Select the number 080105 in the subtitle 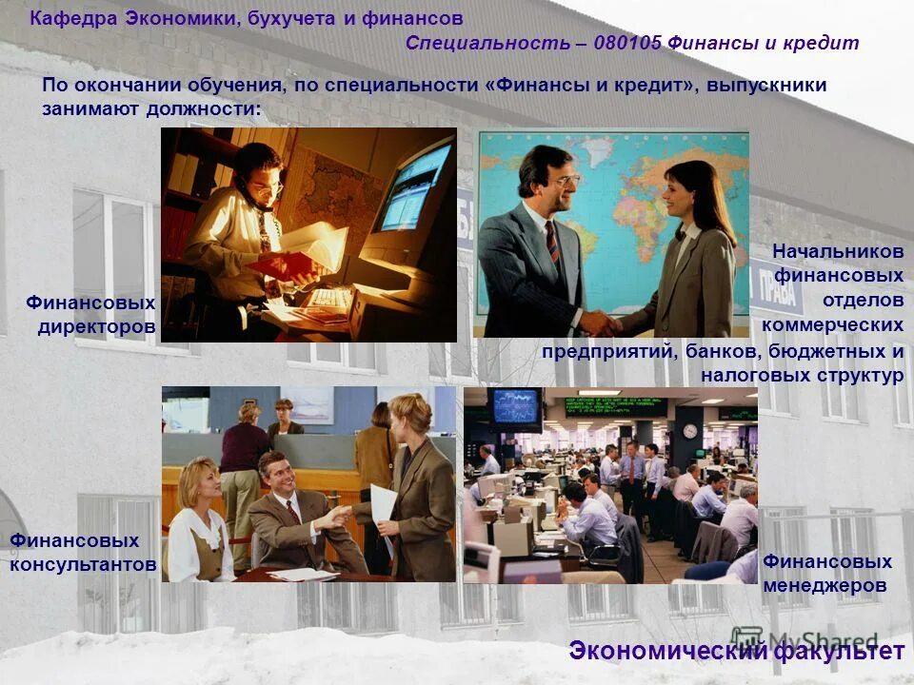pos(627,43)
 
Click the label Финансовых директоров pos(91,315)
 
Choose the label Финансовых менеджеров pos(826,574)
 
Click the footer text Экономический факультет pos(736,652)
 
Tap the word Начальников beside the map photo pos(838,252)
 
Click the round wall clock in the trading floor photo pos(689,432)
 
